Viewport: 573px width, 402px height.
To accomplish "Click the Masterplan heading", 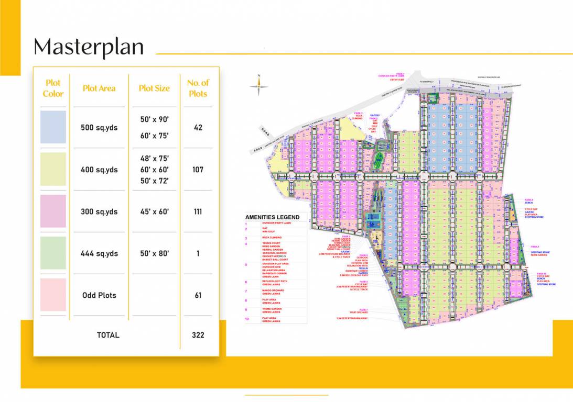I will [x=89, y=47].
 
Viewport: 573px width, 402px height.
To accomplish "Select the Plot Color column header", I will [x=53, y=88].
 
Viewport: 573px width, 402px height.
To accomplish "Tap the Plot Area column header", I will [x=99, y=88].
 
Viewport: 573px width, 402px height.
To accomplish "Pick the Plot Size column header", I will [x=154, y=88].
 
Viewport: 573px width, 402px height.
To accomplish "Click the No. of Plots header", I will [x=198, y=88].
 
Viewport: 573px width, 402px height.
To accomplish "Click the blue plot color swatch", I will [x=53, y=127].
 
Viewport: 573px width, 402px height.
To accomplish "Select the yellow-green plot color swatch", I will [x=53, y=169].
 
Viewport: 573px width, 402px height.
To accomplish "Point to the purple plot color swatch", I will [x=53, y=211].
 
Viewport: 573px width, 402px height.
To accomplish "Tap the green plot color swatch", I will [x=53, y=253].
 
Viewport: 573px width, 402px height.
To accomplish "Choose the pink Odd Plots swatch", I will [x=53, y=295].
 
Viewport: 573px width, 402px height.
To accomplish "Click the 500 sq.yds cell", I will [x=99, y=128].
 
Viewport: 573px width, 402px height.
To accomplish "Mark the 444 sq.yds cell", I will [x=99, y=254].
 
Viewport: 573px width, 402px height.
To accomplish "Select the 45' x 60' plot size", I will [x=154, y=212].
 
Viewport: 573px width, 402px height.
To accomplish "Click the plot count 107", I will [x=198, y=170].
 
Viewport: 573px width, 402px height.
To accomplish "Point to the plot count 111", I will [x=198, y=212].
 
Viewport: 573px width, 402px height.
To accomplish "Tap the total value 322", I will [x=198, y=335].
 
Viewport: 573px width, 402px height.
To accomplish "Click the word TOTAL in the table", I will [x=108, y=335].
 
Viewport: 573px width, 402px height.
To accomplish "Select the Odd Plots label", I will [x=99, y=295].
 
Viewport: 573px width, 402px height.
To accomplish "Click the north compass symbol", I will [x=259, y=86].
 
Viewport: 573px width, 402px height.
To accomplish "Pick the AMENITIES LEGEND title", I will [x=273, y=217].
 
